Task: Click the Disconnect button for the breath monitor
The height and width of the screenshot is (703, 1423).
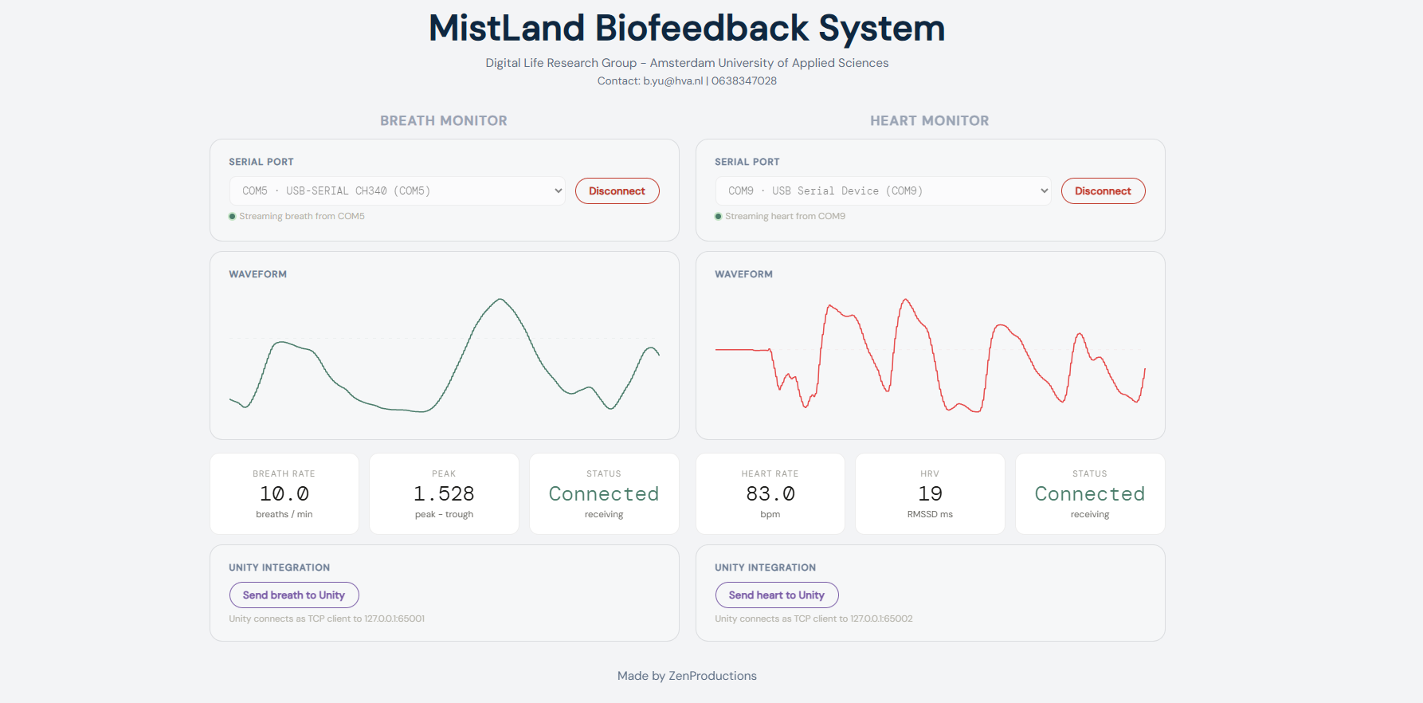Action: point(617,191)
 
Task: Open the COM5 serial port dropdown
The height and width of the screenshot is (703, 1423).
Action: point(398,191)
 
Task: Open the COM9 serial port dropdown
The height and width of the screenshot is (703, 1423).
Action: point(884,191)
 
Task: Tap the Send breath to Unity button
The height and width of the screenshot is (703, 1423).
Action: point(294,595)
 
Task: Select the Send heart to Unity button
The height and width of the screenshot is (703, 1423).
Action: point(777,595)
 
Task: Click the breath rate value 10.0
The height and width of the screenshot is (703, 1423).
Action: point(284,494)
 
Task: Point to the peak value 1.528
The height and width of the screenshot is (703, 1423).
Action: point(444,494)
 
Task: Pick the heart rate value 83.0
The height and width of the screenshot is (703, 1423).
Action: point(770,494)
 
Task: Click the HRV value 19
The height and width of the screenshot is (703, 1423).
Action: point(930,494)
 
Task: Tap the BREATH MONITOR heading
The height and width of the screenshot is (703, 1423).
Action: point(444,121)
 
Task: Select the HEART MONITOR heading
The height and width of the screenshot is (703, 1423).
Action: point(930,121)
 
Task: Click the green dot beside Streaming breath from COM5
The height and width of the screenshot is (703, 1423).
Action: point(233,217)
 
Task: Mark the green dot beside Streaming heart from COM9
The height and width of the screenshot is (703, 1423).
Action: point(719,217)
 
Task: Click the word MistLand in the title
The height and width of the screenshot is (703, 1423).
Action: point(507,29)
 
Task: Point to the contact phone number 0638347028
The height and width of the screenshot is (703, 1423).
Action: point(744,81)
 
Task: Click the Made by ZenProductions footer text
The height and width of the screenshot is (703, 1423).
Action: point(687,676)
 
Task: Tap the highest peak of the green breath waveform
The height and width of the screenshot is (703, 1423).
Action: point(500,300)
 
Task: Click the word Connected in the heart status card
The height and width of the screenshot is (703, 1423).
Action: point(1090,494)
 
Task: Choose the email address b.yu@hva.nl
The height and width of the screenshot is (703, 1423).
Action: point(673,81)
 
